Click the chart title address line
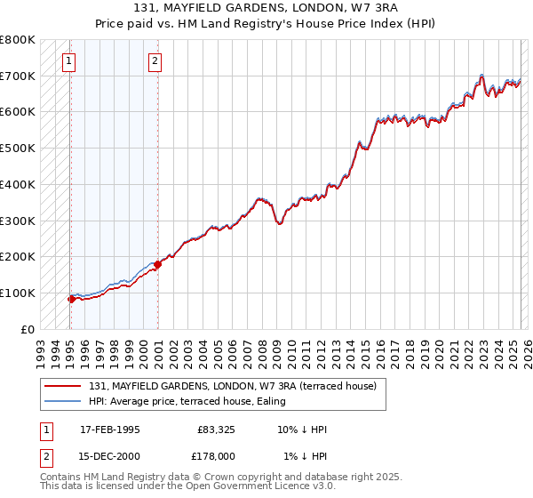pyautogui.click(x=266, y=10)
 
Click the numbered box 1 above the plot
pyautogui.click(x=68, y=61)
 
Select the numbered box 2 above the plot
pyautogui.click(x=155, y=61)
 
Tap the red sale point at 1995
pyautogui.click(x=71, y=299)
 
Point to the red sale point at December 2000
pyautogui.click(x=157, y=264)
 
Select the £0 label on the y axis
pyautogui.click(x=28, y=329)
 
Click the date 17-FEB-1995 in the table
pyautogui.click(x=110, y=430)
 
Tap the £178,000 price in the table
pyautogui.click(x=216, y=456)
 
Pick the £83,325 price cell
pyautogui.click(x=216, y=430)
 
